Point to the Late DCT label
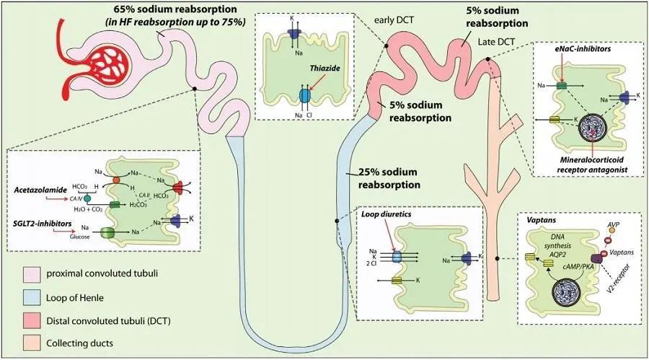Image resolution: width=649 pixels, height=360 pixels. [496, 45]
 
